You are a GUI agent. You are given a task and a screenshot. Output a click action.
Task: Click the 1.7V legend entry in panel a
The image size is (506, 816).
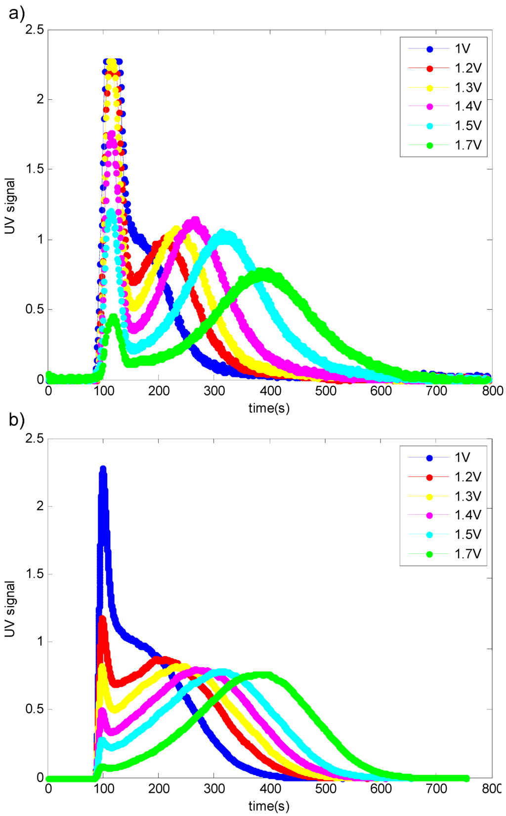tap(467, 145)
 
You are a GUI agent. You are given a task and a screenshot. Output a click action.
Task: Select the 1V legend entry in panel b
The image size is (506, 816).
tap(462, 457)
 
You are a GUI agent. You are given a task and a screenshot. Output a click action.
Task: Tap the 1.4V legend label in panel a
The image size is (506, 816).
tap(467, 106)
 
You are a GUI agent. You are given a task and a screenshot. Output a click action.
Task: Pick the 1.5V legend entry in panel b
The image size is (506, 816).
tap(467, 534)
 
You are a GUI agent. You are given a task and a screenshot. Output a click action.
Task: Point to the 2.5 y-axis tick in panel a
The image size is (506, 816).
tap(35, 31)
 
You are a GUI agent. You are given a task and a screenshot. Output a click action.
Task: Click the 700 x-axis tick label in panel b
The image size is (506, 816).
tap(436, 789)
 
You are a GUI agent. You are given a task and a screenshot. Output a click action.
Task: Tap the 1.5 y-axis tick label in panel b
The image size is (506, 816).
tap(35, 574)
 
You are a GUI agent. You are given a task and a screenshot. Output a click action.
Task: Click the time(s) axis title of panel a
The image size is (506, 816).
tap(269, 408)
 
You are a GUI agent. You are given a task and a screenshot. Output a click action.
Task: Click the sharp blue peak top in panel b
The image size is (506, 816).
tap(103, 468)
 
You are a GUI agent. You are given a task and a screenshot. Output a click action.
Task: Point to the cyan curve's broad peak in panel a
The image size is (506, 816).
tap(225, 233)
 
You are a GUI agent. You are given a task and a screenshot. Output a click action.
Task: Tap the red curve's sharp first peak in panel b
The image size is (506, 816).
tap(102, 617)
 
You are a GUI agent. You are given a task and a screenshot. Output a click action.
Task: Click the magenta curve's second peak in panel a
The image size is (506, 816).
tap(195, 220)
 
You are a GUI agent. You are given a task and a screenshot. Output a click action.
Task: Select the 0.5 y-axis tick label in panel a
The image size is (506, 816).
tap(35, 310)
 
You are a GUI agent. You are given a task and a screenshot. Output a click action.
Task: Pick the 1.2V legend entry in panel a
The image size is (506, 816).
tap(467, 68)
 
